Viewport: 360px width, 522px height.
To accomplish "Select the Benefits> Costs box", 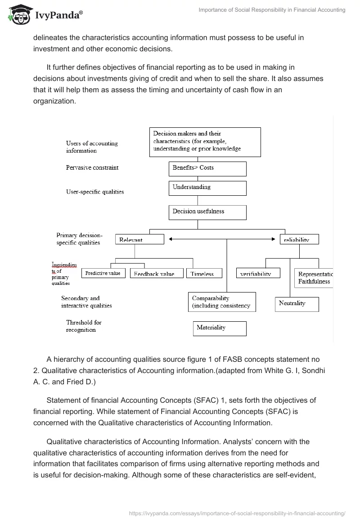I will (207, 168).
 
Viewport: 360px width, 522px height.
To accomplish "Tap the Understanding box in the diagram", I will (207, 188).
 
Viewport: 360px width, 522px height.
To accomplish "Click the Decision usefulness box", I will (207, 212).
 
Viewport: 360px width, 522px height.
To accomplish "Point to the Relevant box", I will (139, 239).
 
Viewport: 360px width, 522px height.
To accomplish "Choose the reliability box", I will (299, 239).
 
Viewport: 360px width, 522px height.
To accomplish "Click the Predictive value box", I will (103, 273).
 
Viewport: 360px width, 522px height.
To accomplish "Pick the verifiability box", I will (258, 273).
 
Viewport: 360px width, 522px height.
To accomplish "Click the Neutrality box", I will (297, 304).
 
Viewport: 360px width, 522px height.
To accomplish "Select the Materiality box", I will (220, 328).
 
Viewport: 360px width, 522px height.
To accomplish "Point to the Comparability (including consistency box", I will (222, 302).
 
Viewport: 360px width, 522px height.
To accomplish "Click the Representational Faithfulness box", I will (314, 278).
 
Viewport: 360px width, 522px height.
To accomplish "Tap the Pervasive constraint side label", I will (92, 167).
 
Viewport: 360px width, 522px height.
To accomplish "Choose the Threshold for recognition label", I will (84, 326).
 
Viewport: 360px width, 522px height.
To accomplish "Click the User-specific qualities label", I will (95, 192).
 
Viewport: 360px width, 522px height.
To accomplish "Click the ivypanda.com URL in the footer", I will (237, 513).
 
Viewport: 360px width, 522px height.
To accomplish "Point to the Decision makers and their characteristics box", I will (205, 142).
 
